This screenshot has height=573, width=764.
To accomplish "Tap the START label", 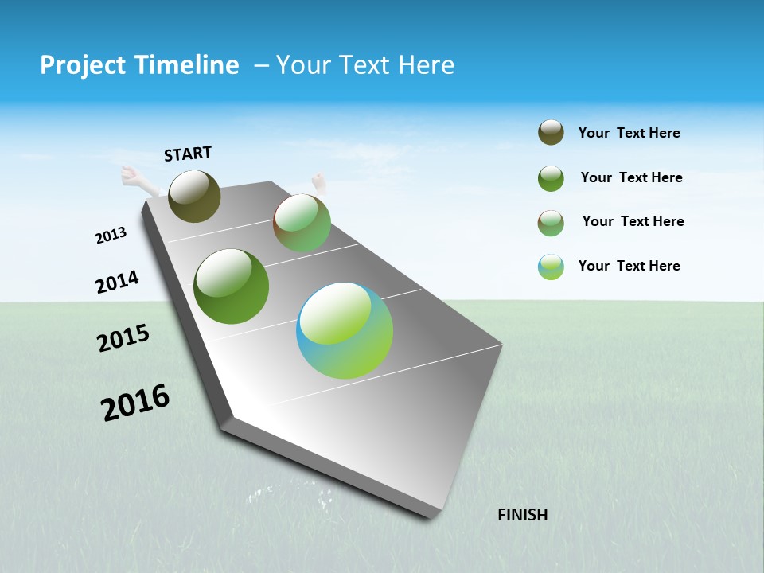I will pos(188,154).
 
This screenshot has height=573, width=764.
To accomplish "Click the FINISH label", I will pos(523,515).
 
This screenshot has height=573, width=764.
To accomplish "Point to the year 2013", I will pos(111,236).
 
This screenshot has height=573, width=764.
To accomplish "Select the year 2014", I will pos(117,282).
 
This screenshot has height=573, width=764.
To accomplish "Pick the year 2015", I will pos(123,338).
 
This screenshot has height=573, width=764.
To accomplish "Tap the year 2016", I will pos(135,403).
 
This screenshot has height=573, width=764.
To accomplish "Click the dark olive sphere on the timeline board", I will pos(194,196).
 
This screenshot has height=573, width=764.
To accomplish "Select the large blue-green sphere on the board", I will pos(345,330).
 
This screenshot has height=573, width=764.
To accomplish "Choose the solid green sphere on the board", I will pos(232,286).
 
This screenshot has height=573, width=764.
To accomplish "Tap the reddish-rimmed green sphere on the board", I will pos(302,223).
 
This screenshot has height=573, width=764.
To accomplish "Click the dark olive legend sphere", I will pos(551,133).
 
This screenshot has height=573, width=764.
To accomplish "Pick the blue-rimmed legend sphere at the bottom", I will pos(551,267).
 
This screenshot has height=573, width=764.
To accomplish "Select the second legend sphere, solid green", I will pos(551,178).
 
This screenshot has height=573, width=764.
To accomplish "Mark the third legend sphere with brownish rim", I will pos(551,223).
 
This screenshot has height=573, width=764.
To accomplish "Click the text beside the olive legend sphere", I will pos(629,133).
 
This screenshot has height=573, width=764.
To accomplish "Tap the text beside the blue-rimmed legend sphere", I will pos(629,266).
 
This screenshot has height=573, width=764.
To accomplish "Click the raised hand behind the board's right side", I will pos(319,183).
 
